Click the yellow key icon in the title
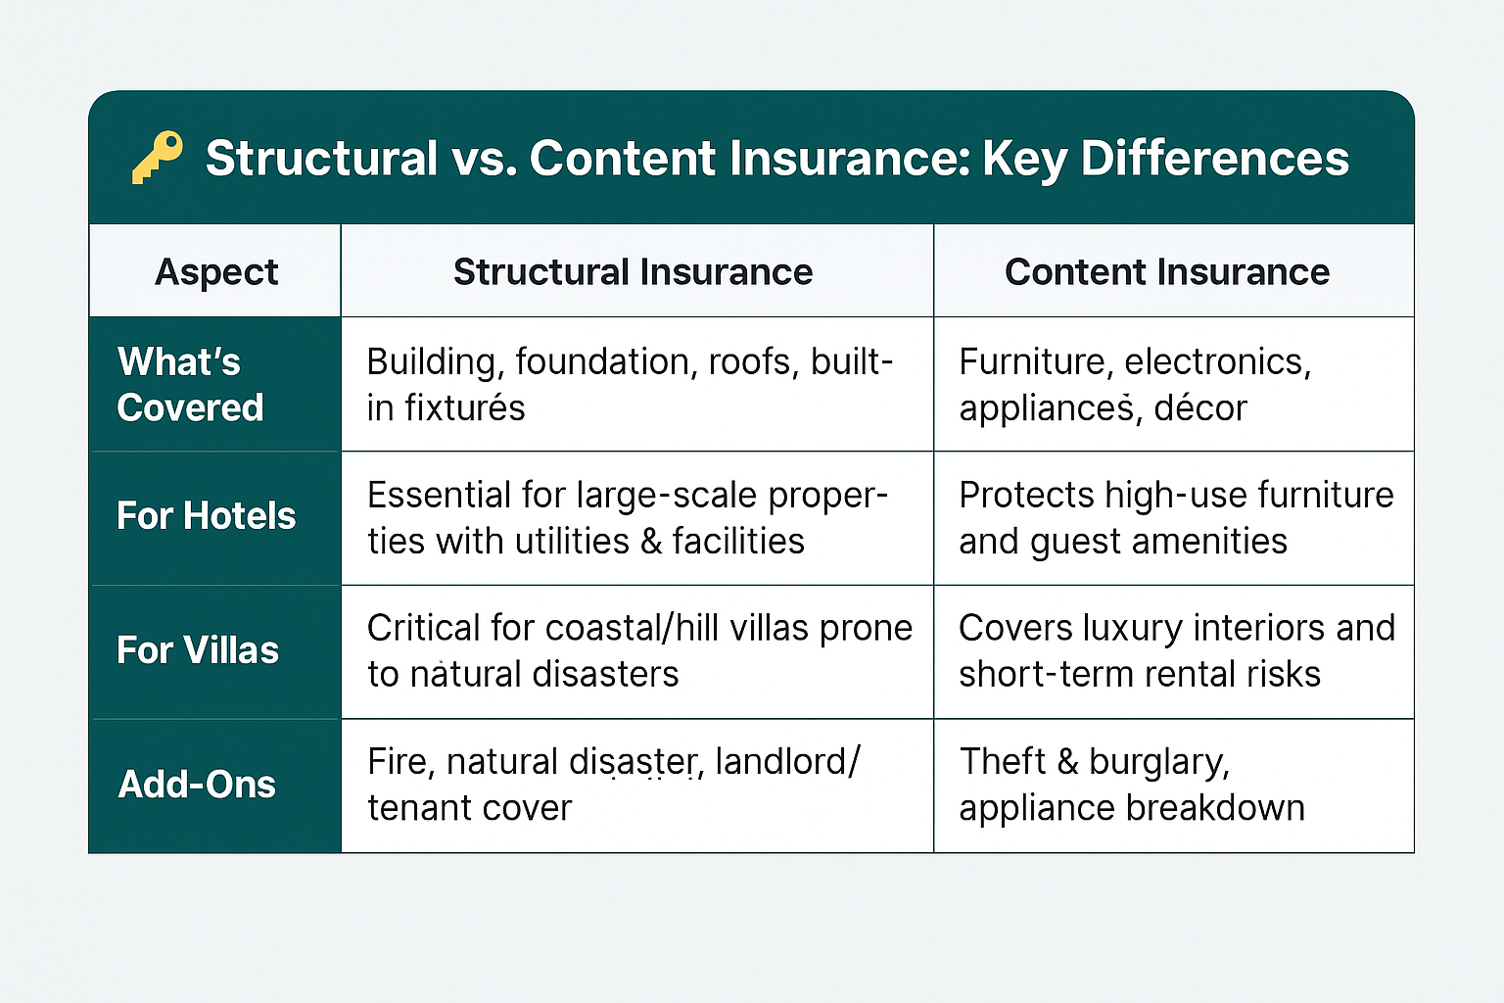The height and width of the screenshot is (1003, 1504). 157,157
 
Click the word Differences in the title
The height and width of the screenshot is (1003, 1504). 1214,159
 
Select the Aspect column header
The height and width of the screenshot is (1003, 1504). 216,272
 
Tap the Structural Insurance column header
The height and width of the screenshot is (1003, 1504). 634,272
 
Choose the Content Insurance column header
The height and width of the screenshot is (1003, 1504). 1167,272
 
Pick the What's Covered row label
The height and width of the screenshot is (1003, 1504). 190,384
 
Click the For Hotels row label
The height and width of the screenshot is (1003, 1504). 207,516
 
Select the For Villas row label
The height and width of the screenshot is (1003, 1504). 198,650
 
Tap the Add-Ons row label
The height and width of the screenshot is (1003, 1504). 197,784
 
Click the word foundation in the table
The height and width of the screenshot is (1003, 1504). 602,362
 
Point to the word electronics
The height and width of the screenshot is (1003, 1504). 1217,362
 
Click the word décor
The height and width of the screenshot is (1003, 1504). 1199,407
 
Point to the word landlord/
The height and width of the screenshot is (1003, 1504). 787,762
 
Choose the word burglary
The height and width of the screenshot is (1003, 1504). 1159,763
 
